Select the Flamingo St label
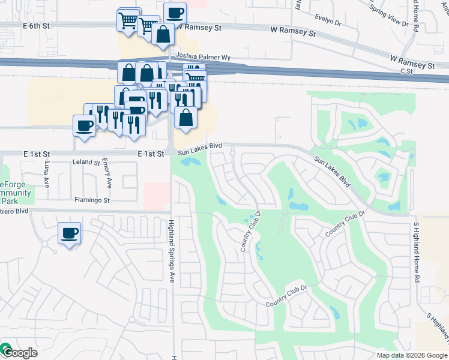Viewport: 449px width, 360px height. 92,200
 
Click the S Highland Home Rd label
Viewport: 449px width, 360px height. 415,252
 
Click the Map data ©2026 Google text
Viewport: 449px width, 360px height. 411,355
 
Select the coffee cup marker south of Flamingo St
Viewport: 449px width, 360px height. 69,233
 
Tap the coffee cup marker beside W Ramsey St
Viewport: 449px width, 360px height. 175,13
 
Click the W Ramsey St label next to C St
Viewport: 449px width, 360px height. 412,62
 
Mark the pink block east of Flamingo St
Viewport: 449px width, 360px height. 157,196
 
